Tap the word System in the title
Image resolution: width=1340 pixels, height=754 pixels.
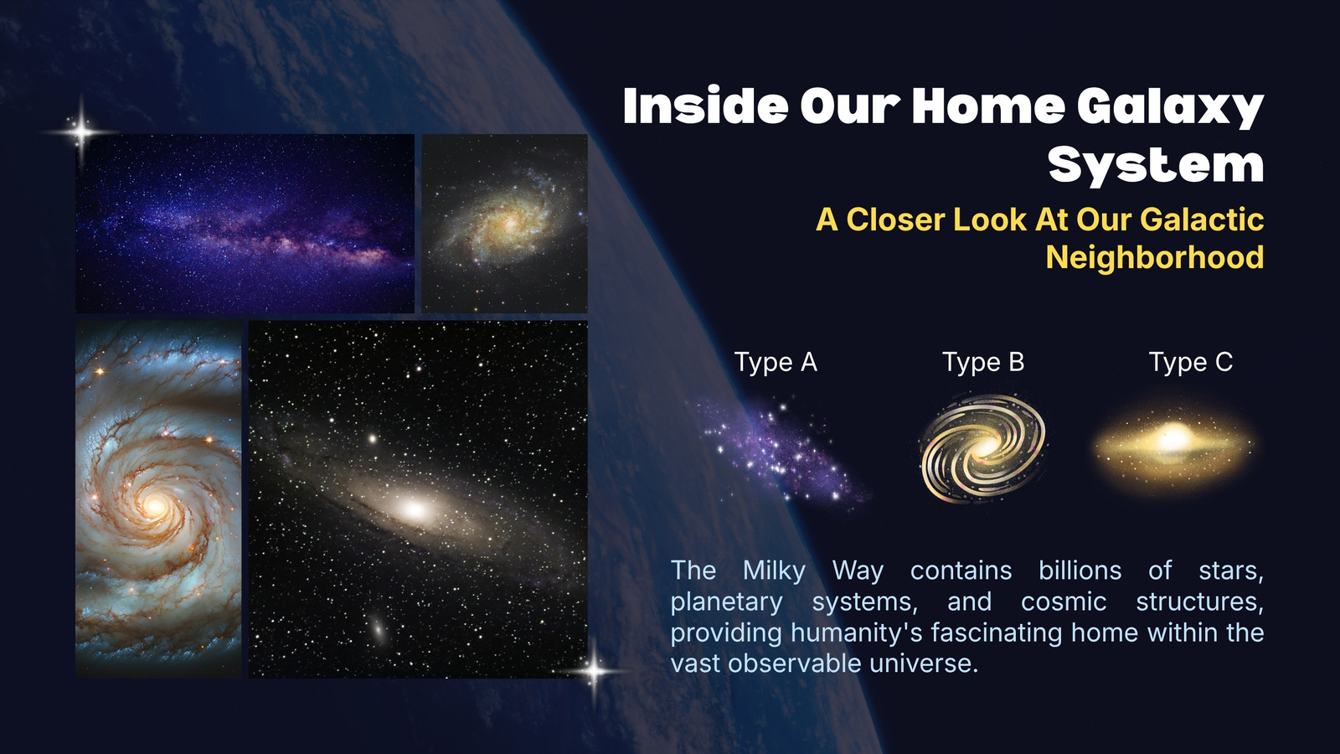click(1157, 164)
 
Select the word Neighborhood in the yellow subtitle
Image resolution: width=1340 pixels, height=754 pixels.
click(1155, 257)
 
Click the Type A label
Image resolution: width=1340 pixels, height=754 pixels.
click(776, 362)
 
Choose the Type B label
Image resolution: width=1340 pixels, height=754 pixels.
click(983, 362)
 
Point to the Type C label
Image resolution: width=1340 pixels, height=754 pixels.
click(1190, 362)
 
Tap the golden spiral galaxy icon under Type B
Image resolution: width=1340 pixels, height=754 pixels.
click(983, 447)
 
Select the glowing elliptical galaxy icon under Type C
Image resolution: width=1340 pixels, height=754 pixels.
click(1172, 444)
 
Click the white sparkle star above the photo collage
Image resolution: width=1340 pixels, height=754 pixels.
click(81, 131)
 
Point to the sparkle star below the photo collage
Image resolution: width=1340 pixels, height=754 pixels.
click(594, 671)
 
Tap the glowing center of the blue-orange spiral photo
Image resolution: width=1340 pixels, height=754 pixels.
click(155, 508)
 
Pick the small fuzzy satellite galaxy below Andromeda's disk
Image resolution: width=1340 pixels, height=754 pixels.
click(378, 628)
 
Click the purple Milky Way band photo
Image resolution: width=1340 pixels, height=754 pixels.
click(245, 223)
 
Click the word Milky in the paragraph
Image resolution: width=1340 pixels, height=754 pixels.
click(774, 571)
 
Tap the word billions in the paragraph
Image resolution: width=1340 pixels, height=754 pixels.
click(1080, 571)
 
